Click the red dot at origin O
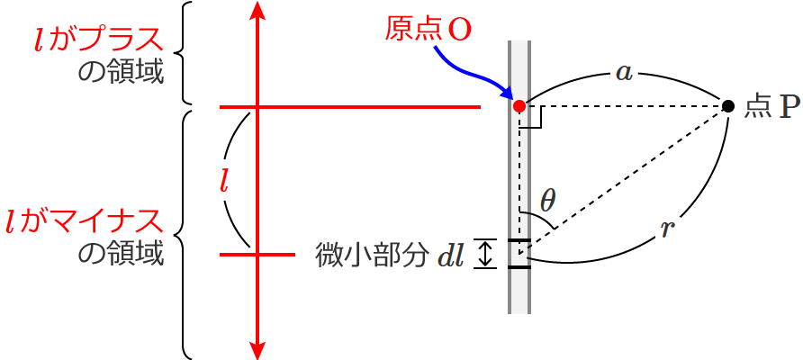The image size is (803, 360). [519, 106]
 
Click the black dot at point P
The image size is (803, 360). [727, 106]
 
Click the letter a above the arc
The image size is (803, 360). [623, 72]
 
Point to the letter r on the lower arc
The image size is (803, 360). [666, 229]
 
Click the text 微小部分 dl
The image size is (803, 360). [390, 256]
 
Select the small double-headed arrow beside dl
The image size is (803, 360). [485, 254]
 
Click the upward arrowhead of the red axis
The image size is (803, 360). [258, 11]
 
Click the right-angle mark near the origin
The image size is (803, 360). [532, 120]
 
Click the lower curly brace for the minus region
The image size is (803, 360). [185, 234]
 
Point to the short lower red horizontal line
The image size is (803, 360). [257, 255]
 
